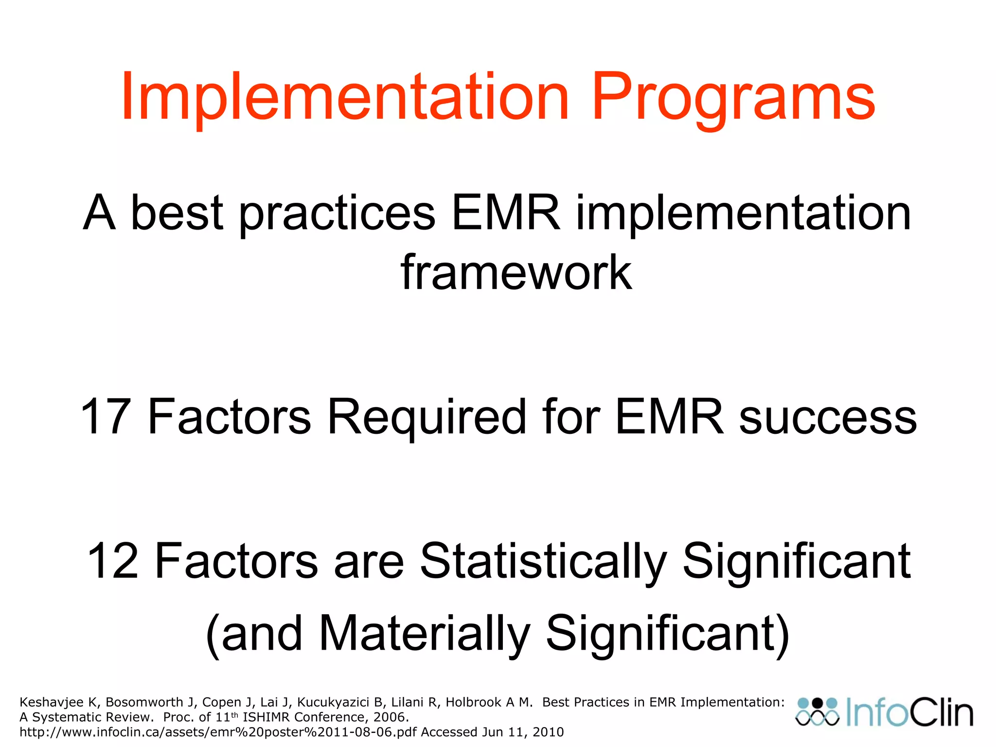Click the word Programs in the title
pos(733,97)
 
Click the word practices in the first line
pos(337,214)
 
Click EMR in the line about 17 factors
pos(670,417)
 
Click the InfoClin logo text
pos(909,713)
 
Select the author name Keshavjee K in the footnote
pos(58,702)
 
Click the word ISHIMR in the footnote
pos(267,717)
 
